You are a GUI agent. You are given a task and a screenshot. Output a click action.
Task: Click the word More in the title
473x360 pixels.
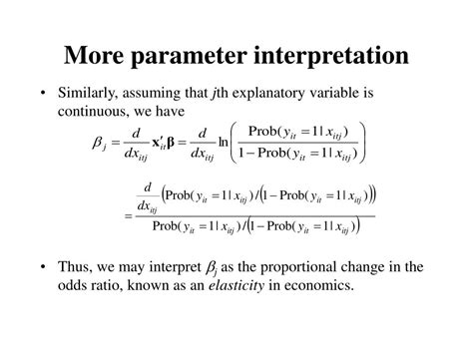click(x=101, y=54)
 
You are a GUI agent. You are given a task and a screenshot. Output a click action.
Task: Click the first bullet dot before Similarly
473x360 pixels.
click(x=44, y=94)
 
